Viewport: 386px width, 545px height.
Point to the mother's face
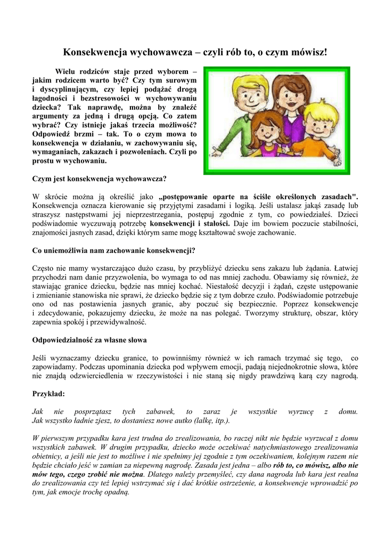285,96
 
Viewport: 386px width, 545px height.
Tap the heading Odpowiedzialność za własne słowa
89,340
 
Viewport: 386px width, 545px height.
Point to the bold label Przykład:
48,394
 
